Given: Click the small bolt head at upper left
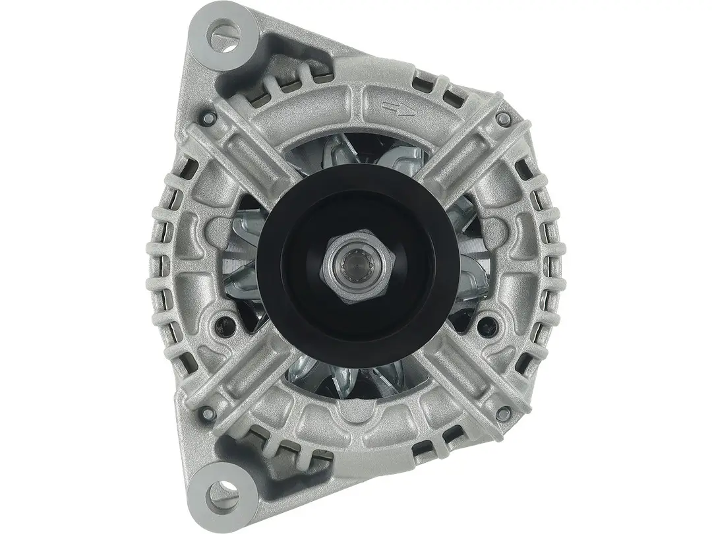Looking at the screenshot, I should coord(210,119).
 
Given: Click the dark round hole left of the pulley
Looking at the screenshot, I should coord(229,323).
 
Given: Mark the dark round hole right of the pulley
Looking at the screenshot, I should coord(488,324).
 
